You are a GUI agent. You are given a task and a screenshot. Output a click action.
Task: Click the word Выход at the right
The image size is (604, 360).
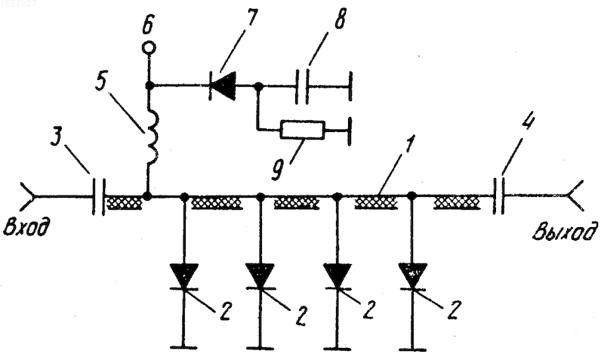565,232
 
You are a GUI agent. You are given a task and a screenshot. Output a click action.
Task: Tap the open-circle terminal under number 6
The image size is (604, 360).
149,48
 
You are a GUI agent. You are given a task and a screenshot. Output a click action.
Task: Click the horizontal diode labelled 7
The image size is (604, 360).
223,86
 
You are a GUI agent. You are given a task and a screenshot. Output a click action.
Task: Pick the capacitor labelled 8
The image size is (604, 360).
302,86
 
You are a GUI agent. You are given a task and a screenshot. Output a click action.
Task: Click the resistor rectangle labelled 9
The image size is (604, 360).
303,130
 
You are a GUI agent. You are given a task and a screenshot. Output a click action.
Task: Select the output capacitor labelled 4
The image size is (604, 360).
499,195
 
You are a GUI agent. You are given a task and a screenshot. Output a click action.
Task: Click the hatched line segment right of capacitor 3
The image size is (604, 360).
125,202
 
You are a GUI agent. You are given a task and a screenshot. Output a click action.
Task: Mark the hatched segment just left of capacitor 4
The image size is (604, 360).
457,202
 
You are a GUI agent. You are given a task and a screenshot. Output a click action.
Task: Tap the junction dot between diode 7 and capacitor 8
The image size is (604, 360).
259,87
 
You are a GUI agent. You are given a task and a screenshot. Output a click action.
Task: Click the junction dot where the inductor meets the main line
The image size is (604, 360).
147,195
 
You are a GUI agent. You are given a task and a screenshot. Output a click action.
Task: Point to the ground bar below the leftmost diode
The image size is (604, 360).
183,347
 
